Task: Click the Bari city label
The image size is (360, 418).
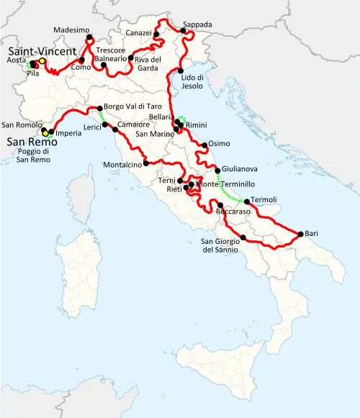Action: coord(312,235)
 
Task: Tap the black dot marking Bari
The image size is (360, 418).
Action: coord(300,233)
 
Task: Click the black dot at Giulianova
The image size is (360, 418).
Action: coord(217,171)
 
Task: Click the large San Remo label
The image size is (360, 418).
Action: coord(29,142)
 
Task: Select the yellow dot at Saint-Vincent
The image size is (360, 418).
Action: coord(42,61)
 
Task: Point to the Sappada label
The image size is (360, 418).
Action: coord(198,24)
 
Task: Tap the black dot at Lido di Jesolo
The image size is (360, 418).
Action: coord(179,71)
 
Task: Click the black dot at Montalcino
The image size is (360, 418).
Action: coord(146,163)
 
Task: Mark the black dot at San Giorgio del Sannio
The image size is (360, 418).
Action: coord(243,237)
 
